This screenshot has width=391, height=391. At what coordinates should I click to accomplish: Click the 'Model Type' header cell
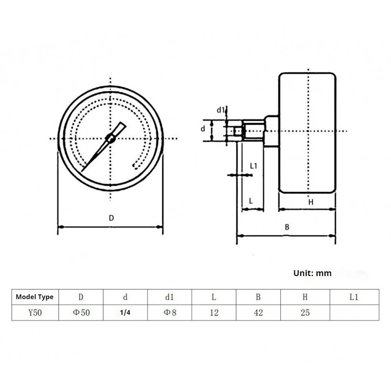(x=35, y=297)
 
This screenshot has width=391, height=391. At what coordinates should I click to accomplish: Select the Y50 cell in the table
(x=35, y=313)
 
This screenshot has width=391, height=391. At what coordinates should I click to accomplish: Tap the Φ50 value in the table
(x=81, y=313)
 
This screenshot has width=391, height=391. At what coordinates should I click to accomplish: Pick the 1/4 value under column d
(x=125, y=313)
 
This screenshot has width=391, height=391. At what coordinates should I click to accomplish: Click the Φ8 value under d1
(x=169, y=313)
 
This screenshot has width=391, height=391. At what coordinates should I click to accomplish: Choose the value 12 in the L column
(x=214, y=313)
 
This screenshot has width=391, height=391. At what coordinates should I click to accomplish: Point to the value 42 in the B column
(x=258, y=313)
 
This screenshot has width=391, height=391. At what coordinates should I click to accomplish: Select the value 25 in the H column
(x=305, y=313)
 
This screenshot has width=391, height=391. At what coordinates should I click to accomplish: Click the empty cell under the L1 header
(x=354, y=313)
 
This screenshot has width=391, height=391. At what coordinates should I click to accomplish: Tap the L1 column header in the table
(x=354, y=297)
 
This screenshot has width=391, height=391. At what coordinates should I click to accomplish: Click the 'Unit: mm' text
(x=312, y=273)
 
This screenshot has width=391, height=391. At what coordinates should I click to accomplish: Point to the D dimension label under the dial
(x=111, y=219)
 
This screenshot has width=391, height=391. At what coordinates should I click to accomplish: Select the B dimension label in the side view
(x=287, y=227)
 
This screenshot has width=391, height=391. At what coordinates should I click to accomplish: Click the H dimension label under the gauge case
(x=311, y=202)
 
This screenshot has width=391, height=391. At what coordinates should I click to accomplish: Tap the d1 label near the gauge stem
(x=221, y=110)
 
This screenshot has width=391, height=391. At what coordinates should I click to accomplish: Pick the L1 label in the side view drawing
(x=253, y=166)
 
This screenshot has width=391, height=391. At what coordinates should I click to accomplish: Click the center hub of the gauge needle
(x=110, y=138)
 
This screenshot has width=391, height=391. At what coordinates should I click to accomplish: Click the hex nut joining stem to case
(x=271, y=131)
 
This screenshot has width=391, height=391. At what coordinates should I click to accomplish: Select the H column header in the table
(x=305, y=297)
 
